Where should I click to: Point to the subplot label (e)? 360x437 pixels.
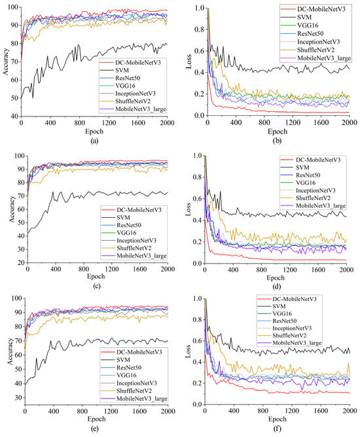[94, 432]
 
